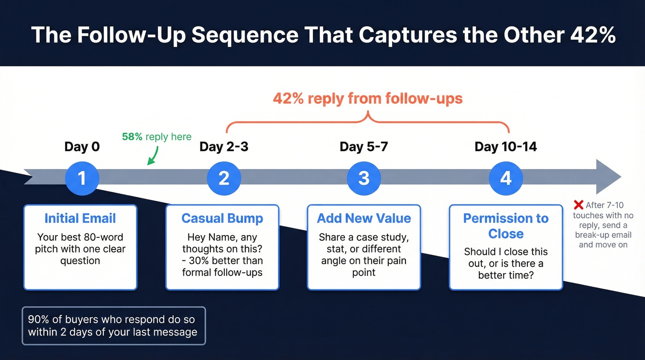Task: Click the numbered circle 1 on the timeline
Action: coord(82,178)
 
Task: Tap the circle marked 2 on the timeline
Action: coord(224,178)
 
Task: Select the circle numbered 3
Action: coord(364,178)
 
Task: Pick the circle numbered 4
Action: coord(505,178)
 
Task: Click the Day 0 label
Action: coord(82,147)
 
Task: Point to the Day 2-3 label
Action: coord(224,147)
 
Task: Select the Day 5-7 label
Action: coord(364,147)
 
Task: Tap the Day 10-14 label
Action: coord(505,147)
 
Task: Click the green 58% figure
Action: coord(132,137)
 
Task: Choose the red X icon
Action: coord(579,205)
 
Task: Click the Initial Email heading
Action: coord(80,218)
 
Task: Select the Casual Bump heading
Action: coord(222,218)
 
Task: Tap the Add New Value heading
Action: coord(364,218)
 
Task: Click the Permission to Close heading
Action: coord(505,226)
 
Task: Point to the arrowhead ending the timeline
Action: coord(609,177)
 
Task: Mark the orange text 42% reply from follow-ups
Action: coord(368,98)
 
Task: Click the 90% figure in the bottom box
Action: coord(38,319)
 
